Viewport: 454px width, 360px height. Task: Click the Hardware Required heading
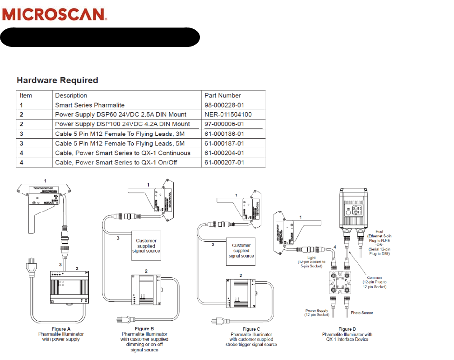tap(57, 80)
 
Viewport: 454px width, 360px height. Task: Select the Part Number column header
tap(222, 95)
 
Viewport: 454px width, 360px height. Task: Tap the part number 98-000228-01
tap(224, 105)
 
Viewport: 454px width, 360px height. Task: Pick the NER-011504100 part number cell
tap(228, 114)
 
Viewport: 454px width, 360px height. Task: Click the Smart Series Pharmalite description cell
tap(90, 105)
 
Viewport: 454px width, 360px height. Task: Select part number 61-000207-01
tap(224, 162)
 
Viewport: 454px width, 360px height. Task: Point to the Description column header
tap(71, 95)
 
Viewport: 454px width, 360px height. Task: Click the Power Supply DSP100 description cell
tap(122, 124)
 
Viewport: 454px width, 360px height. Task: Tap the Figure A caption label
tap(60, 329)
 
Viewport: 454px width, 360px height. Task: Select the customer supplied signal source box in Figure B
tap(146, 246)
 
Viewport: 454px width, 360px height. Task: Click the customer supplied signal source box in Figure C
tap(241, 251)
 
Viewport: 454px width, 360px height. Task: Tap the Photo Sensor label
tap(362, 313)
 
